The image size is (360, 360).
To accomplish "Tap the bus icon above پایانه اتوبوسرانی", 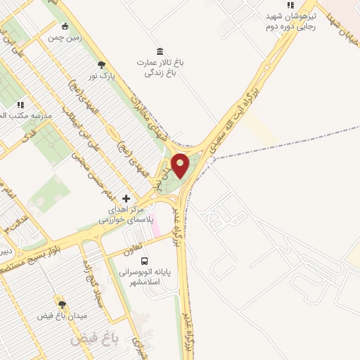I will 144,262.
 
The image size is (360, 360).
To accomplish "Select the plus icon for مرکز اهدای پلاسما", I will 126,198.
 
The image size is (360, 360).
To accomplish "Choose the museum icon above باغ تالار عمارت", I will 160,51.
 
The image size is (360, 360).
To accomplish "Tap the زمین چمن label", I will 65,38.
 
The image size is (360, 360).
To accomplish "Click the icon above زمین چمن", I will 65,27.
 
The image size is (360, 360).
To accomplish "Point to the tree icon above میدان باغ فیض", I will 61,304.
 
